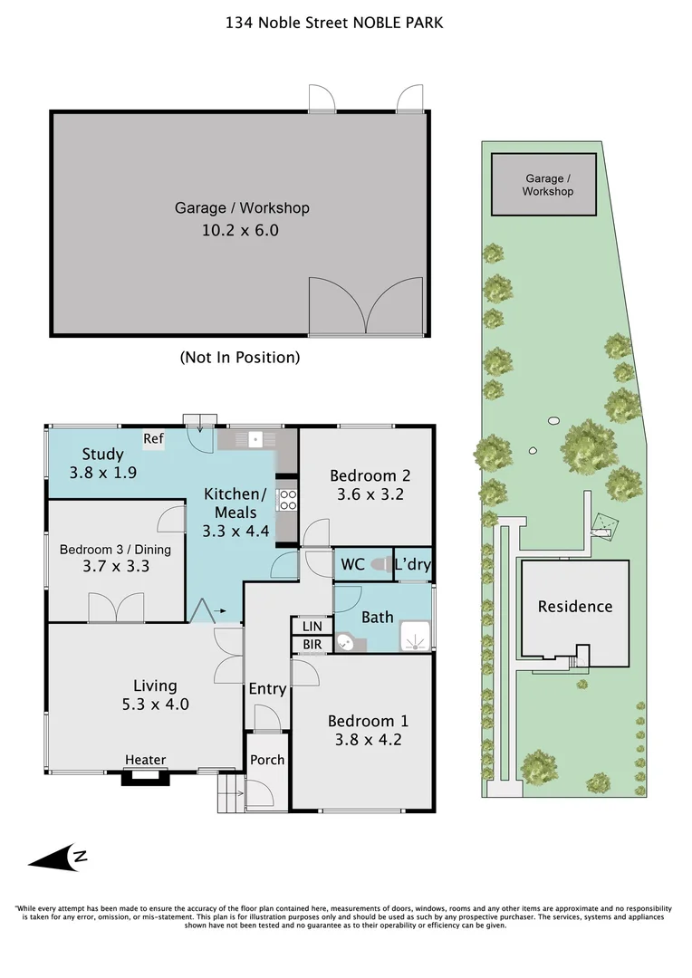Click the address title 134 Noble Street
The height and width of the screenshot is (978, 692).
pos(334,23)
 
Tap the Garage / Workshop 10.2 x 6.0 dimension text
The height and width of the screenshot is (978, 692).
pos(241,230)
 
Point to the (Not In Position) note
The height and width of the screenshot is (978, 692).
pos(240,357)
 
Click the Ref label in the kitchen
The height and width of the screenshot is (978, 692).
pos(154,439)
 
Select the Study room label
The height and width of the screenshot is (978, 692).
pos(102,455)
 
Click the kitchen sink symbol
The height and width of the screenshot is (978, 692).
pos(256,440)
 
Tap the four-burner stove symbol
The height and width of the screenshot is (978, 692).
pos(287,500)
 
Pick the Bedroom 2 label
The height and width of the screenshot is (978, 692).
pos(370,475)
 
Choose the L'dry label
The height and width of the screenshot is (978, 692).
pos(413,565)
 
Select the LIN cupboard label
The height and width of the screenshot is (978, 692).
pos(312,627)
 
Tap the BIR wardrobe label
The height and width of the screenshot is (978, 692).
pos(312,645)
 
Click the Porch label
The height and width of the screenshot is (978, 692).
pos(267,760)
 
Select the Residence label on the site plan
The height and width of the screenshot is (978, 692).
pos(575,607)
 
